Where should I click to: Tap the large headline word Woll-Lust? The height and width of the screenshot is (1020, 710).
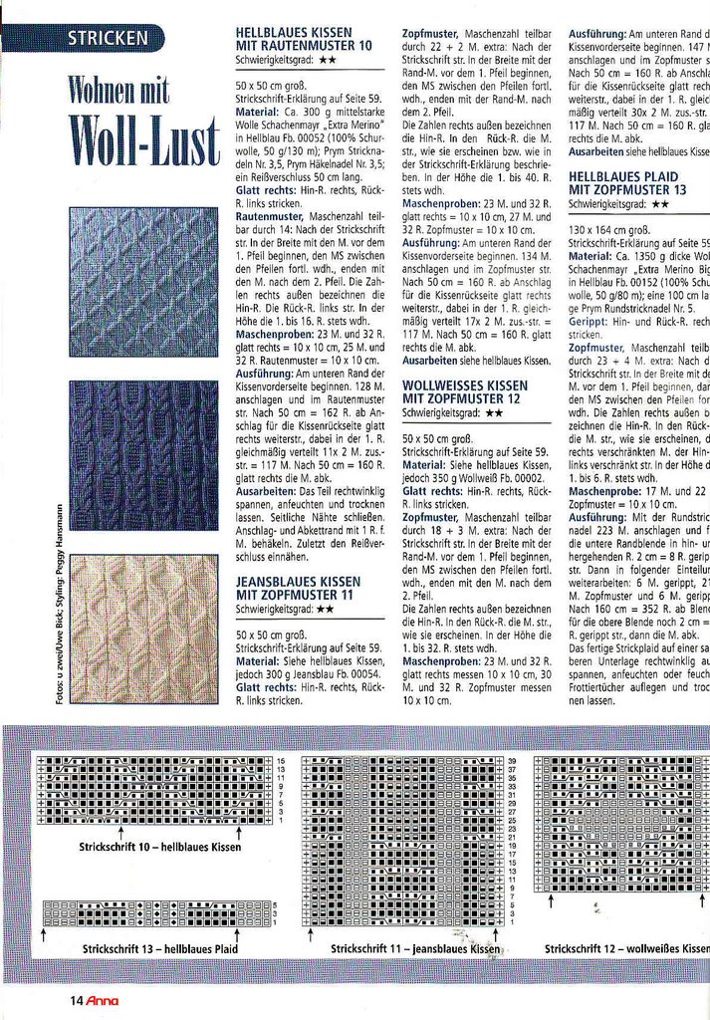click(143, 142)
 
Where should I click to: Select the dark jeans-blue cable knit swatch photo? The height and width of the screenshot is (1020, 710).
click(143, 454)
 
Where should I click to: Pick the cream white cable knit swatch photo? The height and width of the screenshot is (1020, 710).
click(143, 628)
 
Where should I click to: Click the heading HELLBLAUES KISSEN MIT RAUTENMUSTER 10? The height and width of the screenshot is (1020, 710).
click(304, 39)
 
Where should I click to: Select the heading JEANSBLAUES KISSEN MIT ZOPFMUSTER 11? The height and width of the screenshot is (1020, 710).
click(298, 587)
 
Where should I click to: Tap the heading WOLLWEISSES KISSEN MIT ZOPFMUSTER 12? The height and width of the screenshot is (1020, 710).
click(465, 390)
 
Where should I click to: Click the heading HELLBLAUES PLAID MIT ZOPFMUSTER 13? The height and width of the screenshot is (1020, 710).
click(627, 182)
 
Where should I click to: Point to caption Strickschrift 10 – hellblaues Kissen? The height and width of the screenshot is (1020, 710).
click(160, 847)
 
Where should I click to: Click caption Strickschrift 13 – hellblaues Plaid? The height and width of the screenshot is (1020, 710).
click(159, 949)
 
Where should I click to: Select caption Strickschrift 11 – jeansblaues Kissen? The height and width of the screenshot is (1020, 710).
click(414, 949)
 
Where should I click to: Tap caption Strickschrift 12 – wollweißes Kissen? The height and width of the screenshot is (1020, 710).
click(626, 949)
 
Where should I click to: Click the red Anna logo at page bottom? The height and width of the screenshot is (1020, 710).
click(102, 1001)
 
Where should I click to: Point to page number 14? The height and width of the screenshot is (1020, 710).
click(76, 1001)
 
